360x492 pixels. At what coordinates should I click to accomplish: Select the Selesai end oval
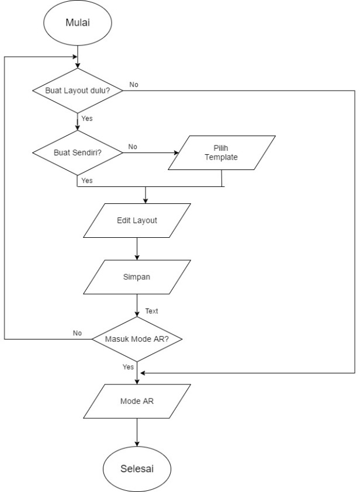[137, 469]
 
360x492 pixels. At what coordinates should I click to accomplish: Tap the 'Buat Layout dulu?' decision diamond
[77, 91]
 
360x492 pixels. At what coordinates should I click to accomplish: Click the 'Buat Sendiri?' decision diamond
[77, 153]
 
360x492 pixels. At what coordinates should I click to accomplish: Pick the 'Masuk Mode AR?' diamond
[137, 339]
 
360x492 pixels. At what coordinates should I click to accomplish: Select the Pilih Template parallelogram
[221, 153]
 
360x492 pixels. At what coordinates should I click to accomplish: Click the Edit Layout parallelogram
[137, 221]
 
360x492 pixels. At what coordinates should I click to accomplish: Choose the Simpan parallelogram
[137, 277]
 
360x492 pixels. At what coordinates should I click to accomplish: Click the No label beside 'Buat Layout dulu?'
[134, 85]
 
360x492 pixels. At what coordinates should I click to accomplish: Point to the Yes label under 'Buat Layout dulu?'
[86, 119]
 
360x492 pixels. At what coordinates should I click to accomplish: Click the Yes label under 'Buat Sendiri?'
[86, 181]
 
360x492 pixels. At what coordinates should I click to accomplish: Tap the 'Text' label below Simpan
[151, 311]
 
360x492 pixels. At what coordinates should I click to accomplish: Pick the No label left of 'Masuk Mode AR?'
[77, 332]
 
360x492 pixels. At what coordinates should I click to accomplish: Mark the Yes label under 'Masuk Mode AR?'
[129, 367]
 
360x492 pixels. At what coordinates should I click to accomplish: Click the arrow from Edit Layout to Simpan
[137, 250]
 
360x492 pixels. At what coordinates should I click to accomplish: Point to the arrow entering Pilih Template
[151, 153]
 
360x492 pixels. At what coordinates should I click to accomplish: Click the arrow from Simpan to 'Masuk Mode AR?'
[137, 306]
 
